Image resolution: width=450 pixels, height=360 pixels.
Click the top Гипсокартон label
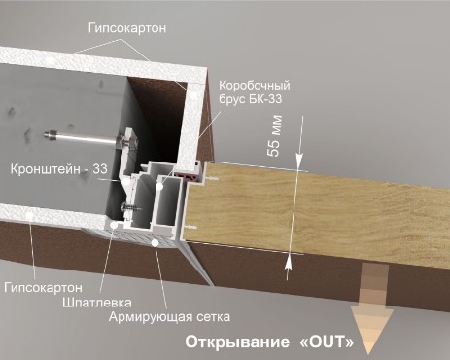click(127, 28)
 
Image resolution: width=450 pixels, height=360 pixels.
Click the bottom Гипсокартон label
click(44, 288)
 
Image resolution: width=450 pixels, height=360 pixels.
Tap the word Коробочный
click(255, 86)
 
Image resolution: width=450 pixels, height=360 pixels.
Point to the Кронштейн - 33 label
click(59, 169)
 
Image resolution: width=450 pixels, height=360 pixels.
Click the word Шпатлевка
click(97, 303)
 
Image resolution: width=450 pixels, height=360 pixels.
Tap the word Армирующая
click(150, 317)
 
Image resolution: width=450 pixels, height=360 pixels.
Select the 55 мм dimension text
click(274, 136)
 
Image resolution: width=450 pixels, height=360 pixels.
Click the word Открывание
click(237, 342)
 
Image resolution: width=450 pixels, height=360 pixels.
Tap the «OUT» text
click(325, 342)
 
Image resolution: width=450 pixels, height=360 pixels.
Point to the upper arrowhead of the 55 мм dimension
click(299, 162)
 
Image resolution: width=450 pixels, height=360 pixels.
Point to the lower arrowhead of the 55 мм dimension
click(288, 263)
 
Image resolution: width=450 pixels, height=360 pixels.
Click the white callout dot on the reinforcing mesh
click(156, 242)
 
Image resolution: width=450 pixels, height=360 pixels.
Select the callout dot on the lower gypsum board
click(29, 214)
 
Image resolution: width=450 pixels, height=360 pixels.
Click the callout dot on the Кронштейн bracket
click(127, 182)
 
